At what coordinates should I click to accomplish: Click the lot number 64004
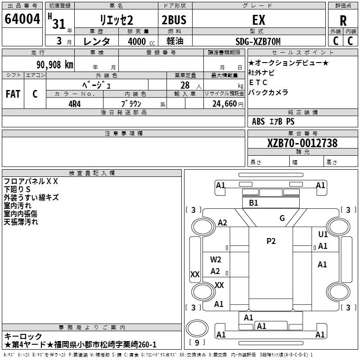tap(22, 19)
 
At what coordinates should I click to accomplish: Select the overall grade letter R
tap(343, 21)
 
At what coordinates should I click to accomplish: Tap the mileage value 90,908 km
tap(55, 65)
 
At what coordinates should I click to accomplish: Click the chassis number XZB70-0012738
tap(302, 143)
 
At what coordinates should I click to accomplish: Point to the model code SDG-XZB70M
tap(258, 41)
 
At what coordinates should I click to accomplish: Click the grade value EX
tap(259, 20)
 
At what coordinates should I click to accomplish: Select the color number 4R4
tap(75, 104)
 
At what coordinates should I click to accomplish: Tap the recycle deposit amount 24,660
tap(225, 104)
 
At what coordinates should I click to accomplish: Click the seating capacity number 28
tap(185, 85)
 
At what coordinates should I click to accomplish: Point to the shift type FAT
tap(13, 94)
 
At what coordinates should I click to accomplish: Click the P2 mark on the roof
tap(271, 241)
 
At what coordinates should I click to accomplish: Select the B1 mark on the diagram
tap(253, 203)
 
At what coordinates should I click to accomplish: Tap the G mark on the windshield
tap(282, 218)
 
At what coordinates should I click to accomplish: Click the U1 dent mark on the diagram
tap(323, 234)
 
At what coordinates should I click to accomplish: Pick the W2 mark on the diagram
tap(216, 260)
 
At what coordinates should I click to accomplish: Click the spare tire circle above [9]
tap(197, 328)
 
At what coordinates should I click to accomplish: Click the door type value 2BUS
tap(174, 20)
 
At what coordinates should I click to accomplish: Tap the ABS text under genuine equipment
tap(258, 121)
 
